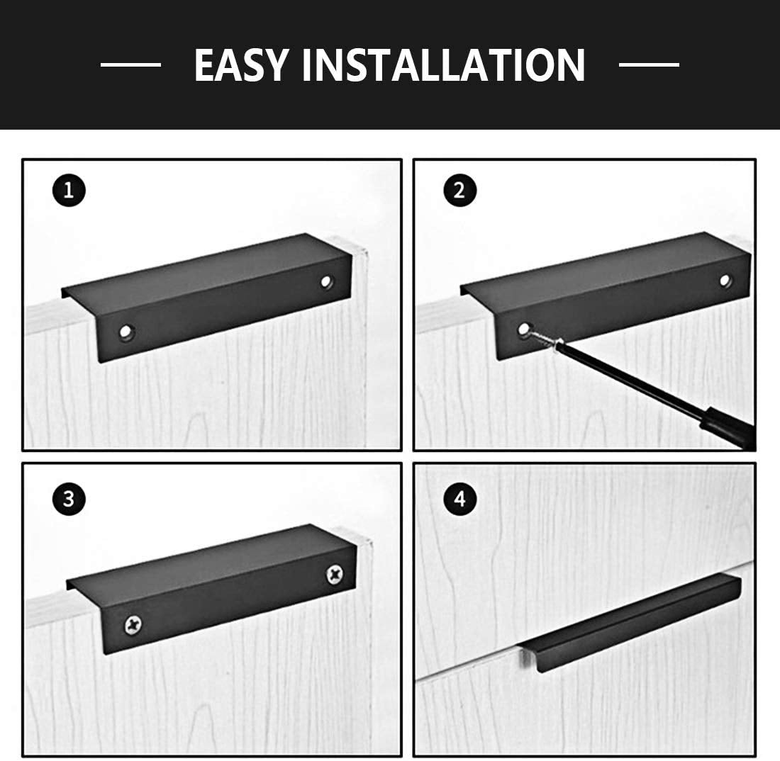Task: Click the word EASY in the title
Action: pos(241,64)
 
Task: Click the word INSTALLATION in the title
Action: pos(444,64)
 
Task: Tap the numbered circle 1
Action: pos(69,191)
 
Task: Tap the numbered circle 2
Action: pos(460,191)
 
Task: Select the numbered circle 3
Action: pos(69,499)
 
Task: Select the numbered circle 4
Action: pos(460,499)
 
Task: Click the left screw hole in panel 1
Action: pos(126,332)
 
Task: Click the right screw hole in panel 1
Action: pos(326,282)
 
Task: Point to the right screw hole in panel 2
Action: pos(726,281)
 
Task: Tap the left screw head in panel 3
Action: pos(133,624)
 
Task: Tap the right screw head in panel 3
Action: pos(335,574)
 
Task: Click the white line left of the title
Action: pos(131,64)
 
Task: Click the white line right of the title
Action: pos(649,64)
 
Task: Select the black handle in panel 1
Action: pos(207,297)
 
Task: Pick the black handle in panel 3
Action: pos(213,589)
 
